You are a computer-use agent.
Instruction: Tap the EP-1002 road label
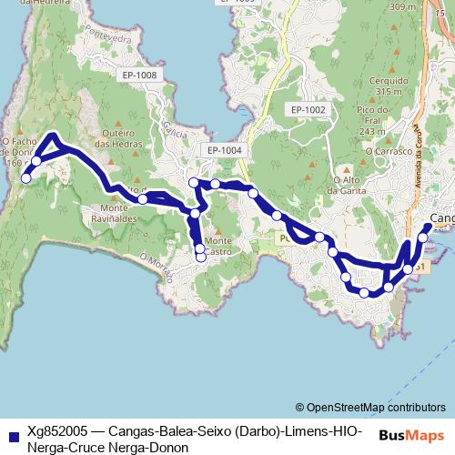308,109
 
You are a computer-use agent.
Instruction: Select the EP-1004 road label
224,150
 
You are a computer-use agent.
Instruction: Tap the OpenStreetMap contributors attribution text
374,408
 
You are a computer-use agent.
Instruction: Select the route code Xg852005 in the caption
59,430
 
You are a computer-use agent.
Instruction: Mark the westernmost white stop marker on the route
25,178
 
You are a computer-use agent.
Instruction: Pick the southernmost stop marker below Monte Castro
201,257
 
